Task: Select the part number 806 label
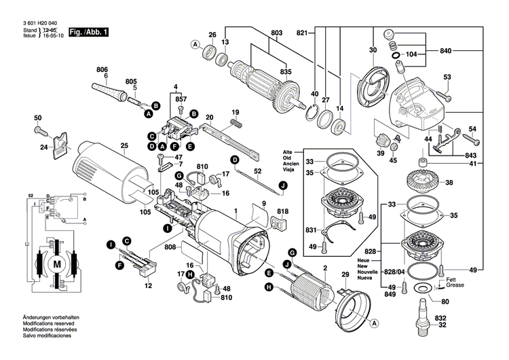click(x=102, y=69)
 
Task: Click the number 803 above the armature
click(x=276, y=33)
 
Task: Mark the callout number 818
click(x=283, y=211)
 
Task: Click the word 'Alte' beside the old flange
click(x=288, y=151)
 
